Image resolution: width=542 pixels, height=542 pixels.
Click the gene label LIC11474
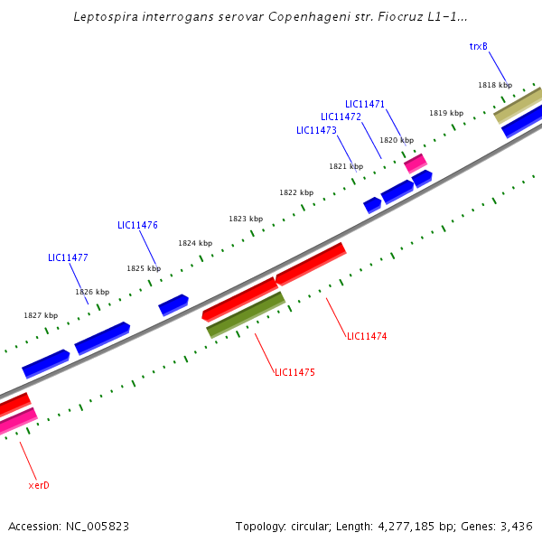[367, 336]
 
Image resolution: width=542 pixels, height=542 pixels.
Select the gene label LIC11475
[294, 372]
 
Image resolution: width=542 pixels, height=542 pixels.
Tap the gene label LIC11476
[137, 225]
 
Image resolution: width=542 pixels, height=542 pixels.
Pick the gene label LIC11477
[68, 257]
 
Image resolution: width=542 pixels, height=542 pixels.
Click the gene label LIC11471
[365, 104]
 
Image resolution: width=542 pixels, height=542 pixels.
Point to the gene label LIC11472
[341, 117]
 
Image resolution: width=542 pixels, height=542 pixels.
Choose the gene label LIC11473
[316, 130]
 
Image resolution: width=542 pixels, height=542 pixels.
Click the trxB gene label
[479, 46]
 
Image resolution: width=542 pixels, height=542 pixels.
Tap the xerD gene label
[39, 485]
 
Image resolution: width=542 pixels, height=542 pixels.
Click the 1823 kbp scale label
[246, 219]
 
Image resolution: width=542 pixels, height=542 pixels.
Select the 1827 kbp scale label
[41, 315]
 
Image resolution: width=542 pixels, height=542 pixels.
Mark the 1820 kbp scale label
[397, 140]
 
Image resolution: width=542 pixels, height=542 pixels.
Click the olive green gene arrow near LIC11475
[246, 314]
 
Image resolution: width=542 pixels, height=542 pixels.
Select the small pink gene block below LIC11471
[416, 163]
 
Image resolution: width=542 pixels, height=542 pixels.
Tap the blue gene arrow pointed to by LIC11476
[173, 304]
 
